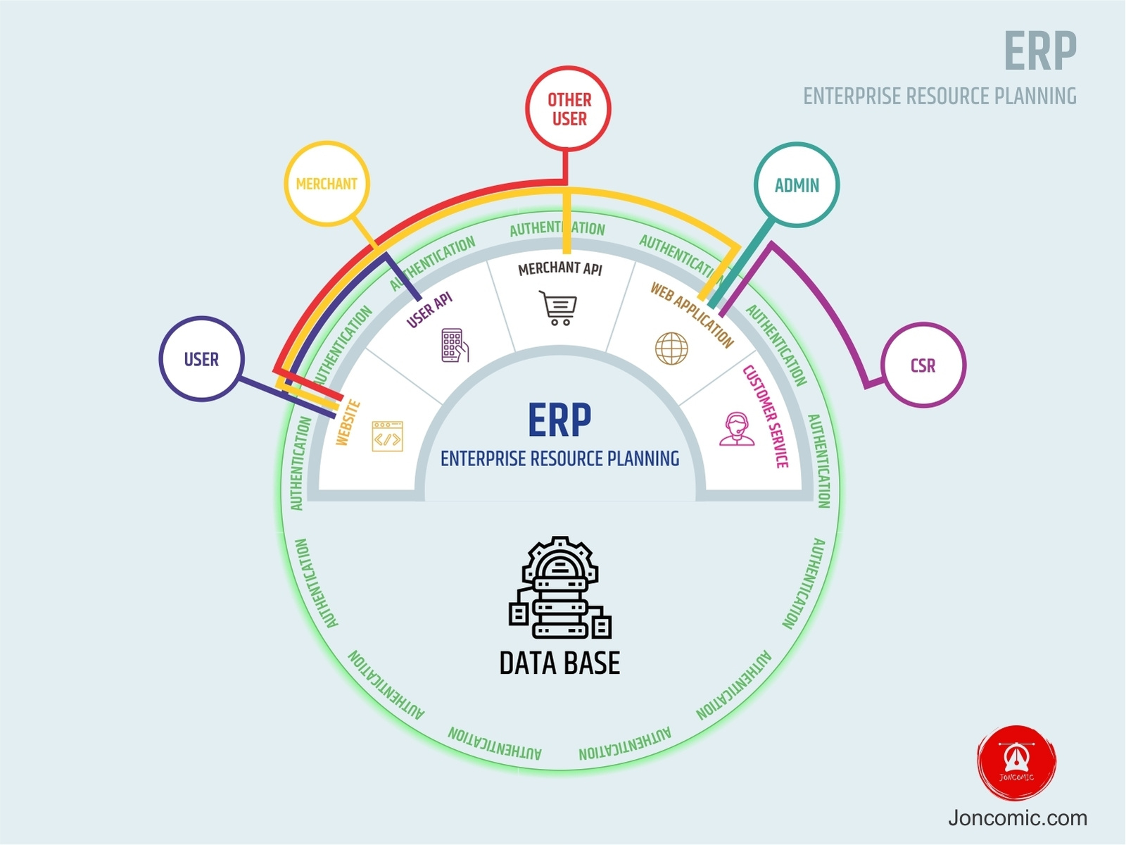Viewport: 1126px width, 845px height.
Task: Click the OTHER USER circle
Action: (568, 109)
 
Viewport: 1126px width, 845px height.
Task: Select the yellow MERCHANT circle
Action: (327, 184)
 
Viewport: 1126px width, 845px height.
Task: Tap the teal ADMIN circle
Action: (797, 185)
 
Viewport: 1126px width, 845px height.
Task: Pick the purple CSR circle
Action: (923, 365)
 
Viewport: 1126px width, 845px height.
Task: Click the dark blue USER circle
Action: (201, 359)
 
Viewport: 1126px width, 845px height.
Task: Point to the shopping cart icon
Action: (559, 308)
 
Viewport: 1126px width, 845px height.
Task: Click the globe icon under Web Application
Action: (671, 348)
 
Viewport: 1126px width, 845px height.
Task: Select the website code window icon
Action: (387, 437)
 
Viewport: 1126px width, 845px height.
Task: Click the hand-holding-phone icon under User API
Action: (455, 345)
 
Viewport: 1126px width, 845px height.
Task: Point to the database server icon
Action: (559, 588)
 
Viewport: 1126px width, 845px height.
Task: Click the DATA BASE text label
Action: (559, 663)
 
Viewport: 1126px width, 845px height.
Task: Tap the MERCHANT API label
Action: (560, 268)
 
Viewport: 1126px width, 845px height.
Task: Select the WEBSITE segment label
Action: (348, 423)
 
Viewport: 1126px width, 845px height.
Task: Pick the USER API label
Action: (429, 310)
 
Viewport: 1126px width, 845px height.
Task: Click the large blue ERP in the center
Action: (559, 420)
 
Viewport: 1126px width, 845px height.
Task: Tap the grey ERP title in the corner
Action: (1039, 51)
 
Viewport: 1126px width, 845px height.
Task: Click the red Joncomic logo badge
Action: (1016, 763)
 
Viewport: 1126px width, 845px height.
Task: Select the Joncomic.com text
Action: (1017, 818)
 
